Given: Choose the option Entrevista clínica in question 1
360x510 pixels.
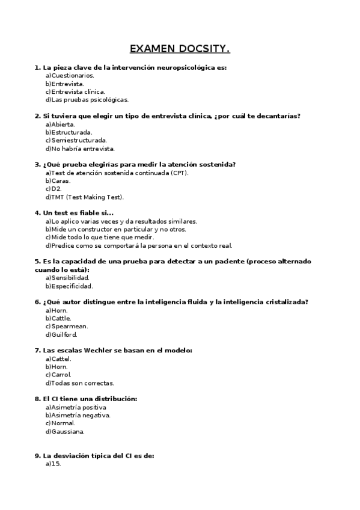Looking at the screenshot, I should (x=75, y=92).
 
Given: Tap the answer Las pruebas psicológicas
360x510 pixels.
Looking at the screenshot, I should (x=87, y=100).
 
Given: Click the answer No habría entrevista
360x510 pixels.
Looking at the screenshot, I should (x=79, y=149).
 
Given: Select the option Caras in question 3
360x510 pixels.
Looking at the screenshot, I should (x=58, y=180).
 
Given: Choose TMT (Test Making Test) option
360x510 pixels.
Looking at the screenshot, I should (x=84, y=197).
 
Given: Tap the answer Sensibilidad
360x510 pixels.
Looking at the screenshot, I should (x=67, y=278).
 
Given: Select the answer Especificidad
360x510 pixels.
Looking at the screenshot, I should (x=69, y=286).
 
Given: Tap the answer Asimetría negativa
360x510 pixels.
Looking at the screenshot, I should (x=78, y=415).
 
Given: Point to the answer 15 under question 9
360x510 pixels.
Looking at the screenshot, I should (x=53, y=464).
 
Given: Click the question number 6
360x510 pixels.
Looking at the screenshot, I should (x=37, y=302).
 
